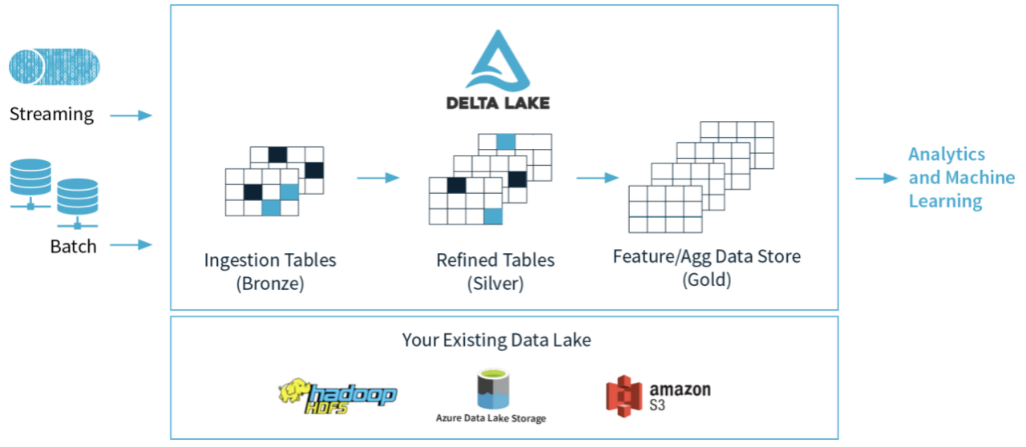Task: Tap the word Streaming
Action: (51, 115)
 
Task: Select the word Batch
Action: (73, 246)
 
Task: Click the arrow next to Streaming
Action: (131, 116)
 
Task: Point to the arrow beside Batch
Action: (131, 244)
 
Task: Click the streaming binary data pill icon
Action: (55, 66)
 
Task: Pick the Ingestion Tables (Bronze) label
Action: (270, 272)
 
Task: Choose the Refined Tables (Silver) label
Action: (495, 272)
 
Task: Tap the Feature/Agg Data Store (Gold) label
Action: (706, 268)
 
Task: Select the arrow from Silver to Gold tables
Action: (597, 178)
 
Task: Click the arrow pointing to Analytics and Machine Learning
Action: (876, 178)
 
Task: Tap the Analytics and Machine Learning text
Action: (961, 178)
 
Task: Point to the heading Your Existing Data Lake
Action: (496, 340)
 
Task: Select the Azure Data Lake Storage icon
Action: (491, 388)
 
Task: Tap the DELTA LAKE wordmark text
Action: (498, 103)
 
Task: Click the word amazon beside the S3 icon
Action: (680, 390)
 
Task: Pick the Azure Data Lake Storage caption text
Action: (491, 418)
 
